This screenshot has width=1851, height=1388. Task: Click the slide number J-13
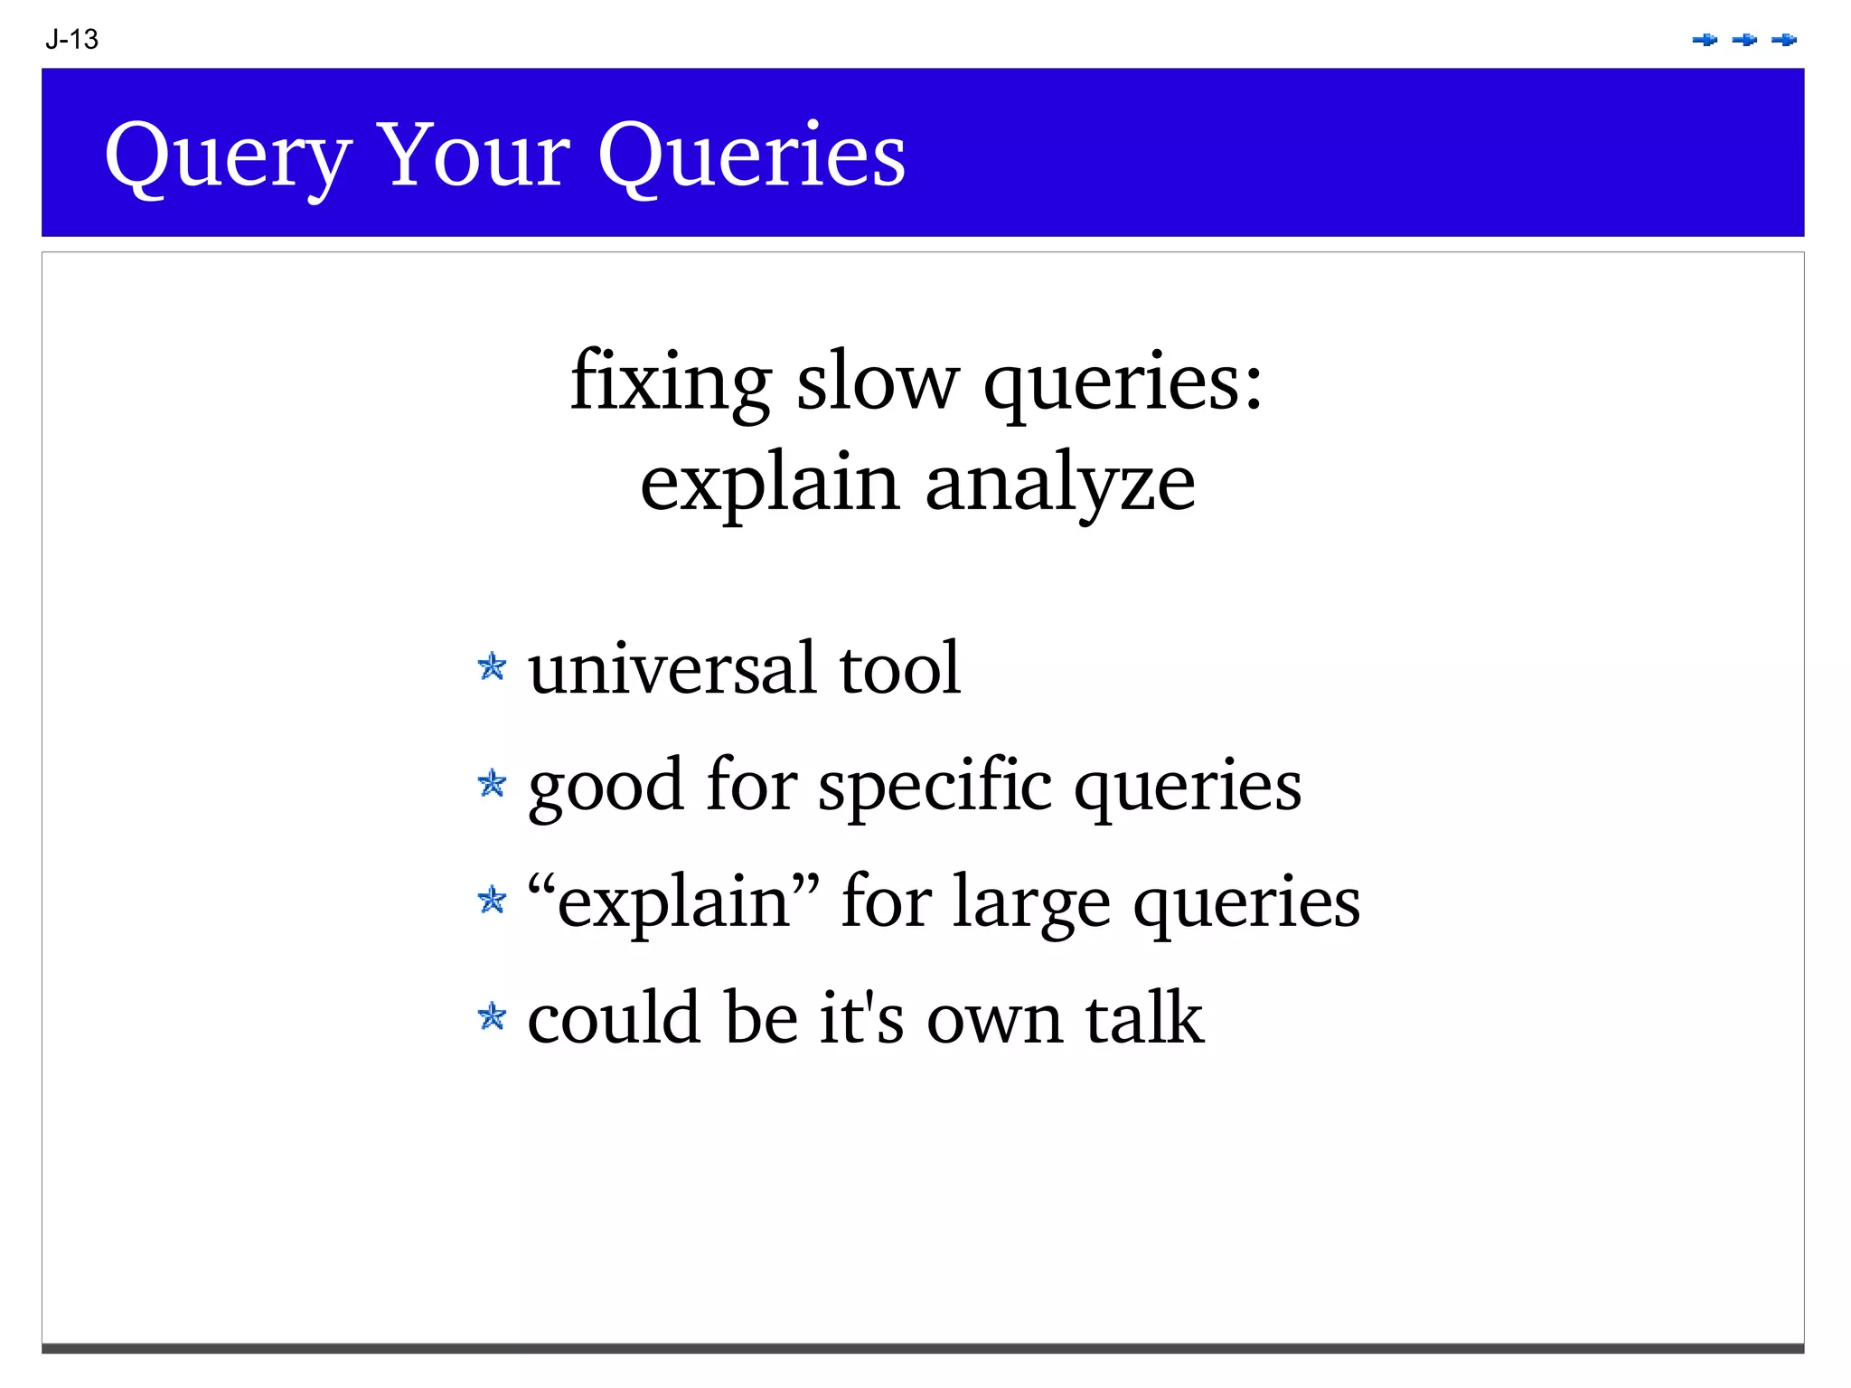tap(71, 40)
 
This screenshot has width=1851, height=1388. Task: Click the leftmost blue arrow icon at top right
tap(1705, 40)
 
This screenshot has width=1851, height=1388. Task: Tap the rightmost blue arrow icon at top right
tap(1784, 40)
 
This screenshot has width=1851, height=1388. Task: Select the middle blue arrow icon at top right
tap(1744, 40)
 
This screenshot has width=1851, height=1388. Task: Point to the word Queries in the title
tap(751, 156)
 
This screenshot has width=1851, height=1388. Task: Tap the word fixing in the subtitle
tap(671, 382)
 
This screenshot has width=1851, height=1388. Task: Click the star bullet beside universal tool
tap(492, 667)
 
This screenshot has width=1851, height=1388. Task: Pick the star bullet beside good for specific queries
tap(492, 783)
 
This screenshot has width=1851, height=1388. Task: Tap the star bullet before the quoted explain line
tap(492, 900)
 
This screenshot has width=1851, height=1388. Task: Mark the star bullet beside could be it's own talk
tap(492, 1016)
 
